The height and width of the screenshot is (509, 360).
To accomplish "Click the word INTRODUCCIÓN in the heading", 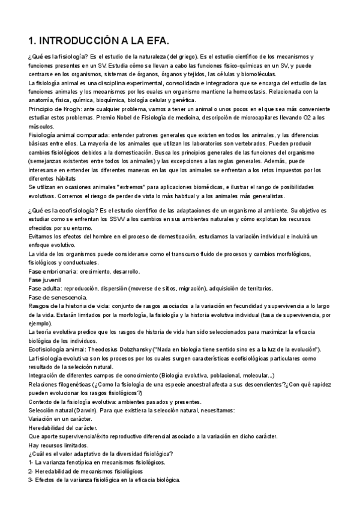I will pyautogui.click(x=88, y=40).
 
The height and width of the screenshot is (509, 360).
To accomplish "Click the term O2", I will pyautogui.click(x=303, y=118).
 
